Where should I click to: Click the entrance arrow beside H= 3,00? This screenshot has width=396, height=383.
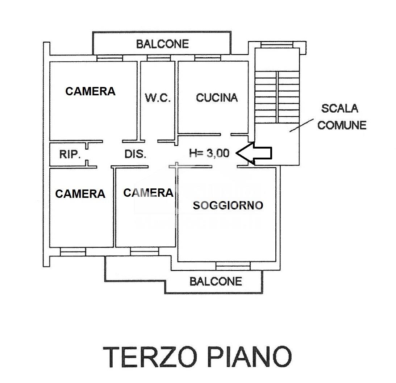click(254, 153)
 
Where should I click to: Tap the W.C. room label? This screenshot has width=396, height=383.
click(158, 98)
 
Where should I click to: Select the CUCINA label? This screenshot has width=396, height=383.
click(217, 97)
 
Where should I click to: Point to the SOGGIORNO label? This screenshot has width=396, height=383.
click(228, 205)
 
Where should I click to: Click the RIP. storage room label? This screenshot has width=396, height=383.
click(70, 154)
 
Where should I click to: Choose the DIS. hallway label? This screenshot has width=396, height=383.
click(135, 154)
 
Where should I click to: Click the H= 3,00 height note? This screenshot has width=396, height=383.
click(209, 153)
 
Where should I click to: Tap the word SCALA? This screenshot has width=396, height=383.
click(340, 108)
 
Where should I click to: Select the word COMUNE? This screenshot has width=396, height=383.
click(342, 125)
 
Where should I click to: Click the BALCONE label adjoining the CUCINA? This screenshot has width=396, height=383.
click(162, 44)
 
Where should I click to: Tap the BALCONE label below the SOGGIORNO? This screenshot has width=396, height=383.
click(216, 281)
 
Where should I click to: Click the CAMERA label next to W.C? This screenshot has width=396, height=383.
click(90, 91)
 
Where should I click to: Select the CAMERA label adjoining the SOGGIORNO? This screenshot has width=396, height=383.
click(148, 193)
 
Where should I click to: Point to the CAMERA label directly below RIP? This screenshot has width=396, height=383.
click(80, 194)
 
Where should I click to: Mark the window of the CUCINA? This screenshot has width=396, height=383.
click(207, 58)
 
